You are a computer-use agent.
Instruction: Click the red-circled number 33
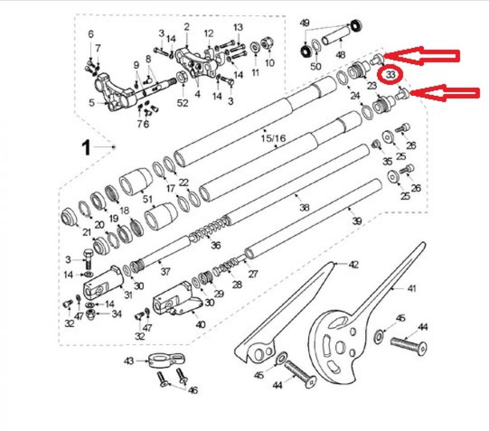pos(391,75)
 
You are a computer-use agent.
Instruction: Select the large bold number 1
pos(86,148)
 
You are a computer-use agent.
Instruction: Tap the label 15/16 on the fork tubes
pos(274,138)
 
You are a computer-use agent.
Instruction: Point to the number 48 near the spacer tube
pos(341,55)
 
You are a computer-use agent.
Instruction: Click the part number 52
pos(182,102)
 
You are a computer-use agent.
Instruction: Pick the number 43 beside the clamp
pos(129,361)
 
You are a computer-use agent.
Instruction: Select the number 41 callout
pos(412,288)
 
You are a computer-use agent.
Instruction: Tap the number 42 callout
pos(353,264)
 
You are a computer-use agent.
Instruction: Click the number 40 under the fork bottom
pos(201,325)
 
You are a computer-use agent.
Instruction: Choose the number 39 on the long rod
pos(357,221)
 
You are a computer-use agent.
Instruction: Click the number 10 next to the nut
pos(269,63)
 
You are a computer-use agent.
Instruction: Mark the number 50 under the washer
pos(316,66)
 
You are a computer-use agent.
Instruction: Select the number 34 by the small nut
pos(116,314)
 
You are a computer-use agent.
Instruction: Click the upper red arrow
pos(421,56)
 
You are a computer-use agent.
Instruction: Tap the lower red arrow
pos(444,93)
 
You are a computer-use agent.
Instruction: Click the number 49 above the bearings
pos(305,23)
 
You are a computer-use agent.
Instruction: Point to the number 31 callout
pos(128,294)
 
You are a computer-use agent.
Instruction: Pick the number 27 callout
pos(253,274)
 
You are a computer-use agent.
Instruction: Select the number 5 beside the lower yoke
pos(91,102)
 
